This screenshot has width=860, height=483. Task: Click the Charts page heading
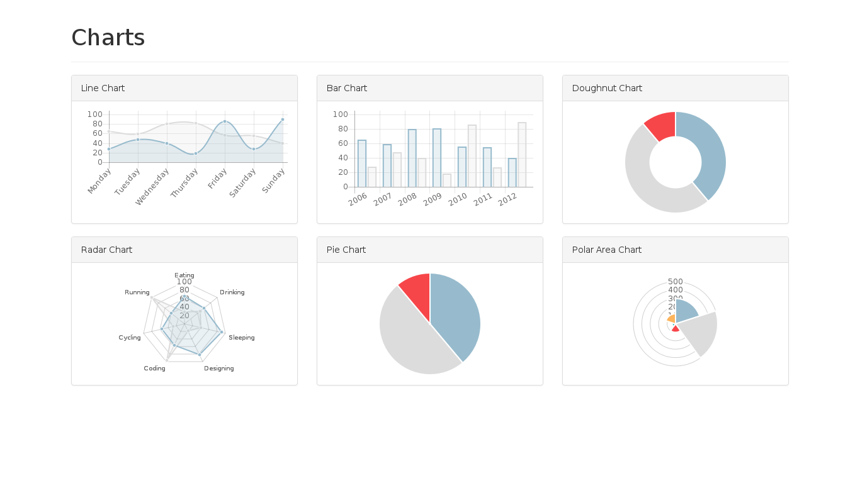click(x=108, y=38)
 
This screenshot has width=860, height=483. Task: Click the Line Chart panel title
click(x=103, y=88)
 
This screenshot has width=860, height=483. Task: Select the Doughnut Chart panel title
click(x=607, y=88)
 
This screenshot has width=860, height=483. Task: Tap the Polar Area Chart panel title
click(x=607, y=250)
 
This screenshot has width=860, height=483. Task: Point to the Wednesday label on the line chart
click(x=153, y=186)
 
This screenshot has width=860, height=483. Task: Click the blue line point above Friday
click(x=225, y=121)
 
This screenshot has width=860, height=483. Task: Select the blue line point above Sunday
click(x=283, y=119)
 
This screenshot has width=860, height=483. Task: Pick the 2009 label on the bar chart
click(x=433, y=199)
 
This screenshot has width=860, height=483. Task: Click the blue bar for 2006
click(x=362, y=164)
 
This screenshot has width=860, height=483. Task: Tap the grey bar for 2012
click(x=522, y=155)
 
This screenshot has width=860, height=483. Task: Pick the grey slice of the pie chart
click(x=409, y=340)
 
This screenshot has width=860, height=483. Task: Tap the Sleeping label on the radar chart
click(x=242, y=338)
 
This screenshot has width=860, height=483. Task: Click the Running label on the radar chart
click(x=137, y=292)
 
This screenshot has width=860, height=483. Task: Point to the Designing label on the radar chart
click(x=219, y=369)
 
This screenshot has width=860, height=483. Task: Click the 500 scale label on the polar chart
click(x=676, y=282)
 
